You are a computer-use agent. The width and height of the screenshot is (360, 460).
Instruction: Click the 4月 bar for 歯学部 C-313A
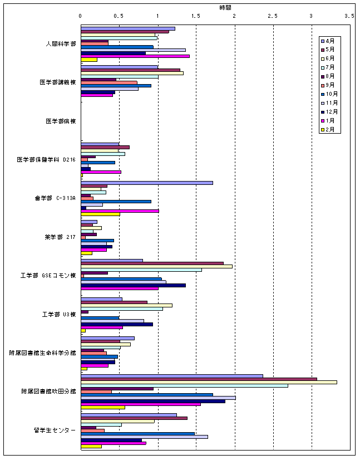pyautogui.click(x=146, y=183)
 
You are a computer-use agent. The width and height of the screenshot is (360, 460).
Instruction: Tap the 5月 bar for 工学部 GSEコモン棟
pyautogui.click(x=152, y=263)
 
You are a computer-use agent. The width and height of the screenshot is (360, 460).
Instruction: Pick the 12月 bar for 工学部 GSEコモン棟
pyautogui.click(x=133, y=285)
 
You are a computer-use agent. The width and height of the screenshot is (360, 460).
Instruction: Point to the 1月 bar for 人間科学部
pyautogui.click(x=135, y=56)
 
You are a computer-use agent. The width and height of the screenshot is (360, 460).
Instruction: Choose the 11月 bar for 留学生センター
pyautogui.click(x=144, y=437)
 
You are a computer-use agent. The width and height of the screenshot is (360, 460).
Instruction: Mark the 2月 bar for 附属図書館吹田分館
pyautogui.click(x=103, y=407)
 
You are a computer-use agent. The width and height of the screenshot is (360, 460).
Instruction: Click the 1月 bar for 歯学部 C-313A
pyautogui.click(x=120, y=211)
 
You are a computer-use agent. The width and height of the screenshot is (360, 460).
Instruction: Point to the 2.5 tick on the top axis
pyautogui.click(x=273, y=17)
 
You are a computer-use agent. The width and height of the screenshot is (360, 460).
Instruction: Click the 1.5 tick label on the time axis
pyautogui.click(x=196, y=17)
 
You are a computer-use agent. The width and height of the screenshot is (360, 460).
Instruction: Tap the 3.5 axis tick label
pyautogui.click(x=349, y=17)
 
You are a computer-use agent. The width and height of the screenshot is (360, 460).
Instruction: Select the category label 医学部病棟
pyautogui.click(x=61, y=121)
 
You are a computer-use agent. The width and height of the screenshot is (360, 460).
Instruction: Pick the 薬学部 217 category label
pyautogui.click(x=60, y=237)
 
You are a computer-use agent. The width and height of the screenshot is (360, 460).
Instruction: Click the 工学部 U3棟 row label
pyautogui.click(x=58, y=314)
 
